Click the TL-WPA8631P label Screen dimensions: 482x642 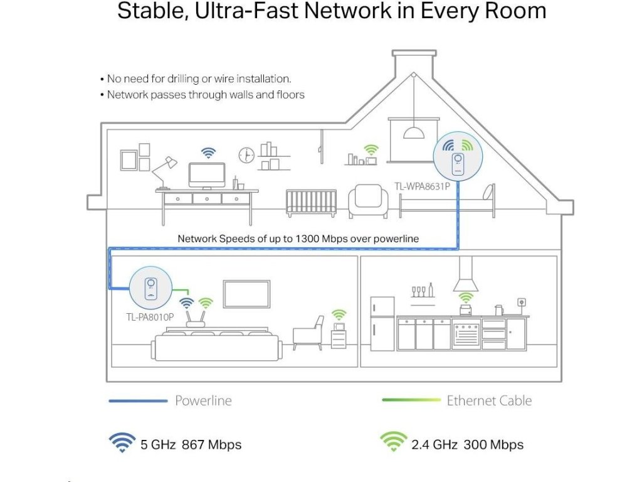coord(422,186)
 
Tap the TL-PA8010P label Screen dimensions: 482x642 coord(150,316)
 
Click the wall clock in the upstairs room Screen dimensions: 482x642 coord(246,154)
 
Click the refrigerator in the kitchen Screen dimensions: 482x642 coord(382,323)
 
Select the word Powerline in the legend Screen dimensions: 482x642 coord(203,400)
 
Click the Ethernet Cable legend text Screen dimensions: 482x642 coord(489,400)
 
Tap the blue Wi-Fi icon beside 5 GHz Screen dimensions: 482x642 coord(122,443)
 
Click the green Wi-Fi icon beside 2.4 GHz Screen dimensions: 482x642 coord(393,443)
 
